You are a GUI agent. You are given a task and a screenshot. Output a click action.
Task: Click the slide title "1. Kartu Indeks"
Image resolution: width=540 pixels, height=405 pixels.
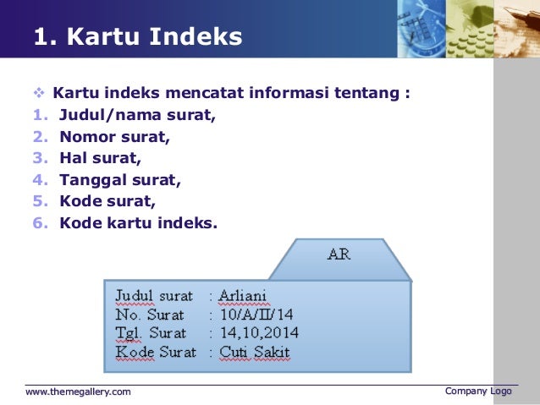pos(137,37)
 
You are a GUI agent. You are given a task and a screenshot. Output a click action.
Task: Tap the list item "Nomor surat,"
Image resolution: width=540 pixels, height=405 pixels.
pos(114,135)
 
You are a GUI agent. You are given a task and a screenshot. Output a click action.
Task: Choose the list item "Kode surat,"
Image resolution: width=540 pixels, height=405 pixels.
pos(107,201)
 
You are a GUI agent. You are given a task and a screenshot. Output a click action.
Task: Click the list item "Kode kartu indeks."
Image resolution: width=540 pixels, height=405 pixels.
pos(138,223)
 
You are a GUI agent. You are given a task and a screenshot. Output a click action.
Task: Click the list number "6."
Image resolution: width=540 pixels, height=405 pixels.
pos(40,223)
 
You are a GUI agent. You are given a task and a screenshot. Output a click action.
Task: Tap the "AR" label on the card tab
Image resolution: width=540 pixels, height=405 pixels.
pos(339,254)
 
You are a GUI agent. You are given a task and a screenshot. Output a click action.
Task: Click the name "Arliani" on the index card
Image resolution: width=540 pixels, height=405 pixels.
pos(242,296)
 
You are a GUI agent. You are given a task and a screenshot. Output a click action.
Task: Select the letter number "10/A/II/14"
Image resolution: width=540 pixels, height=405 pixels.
pos(256,315)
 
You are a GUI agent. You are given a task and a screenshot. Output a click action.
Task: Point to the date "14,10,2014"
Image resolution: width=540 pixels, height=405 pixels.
pos(258,333)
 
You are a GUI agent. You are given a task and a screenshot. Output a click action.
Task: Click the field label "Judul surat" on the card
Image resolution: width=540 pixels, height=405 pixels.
pos(154,296)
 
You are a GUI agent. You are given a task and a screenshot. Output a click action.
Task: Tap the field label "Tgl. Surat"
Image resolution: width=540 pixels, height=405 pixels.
pos(151,333)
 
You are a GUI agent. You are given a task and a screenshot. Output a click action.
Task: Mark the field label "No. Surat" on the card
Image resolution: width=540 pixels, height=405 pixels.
pos(150,315)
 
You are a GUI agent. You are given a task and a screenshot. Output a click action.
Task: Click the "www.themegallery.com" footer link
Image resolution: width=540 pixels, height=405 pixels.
pos(78,391)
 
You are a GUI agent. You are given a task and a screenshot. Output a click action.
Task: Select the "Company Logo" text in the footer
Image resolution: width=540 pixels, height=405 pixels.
pos(478,391)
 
